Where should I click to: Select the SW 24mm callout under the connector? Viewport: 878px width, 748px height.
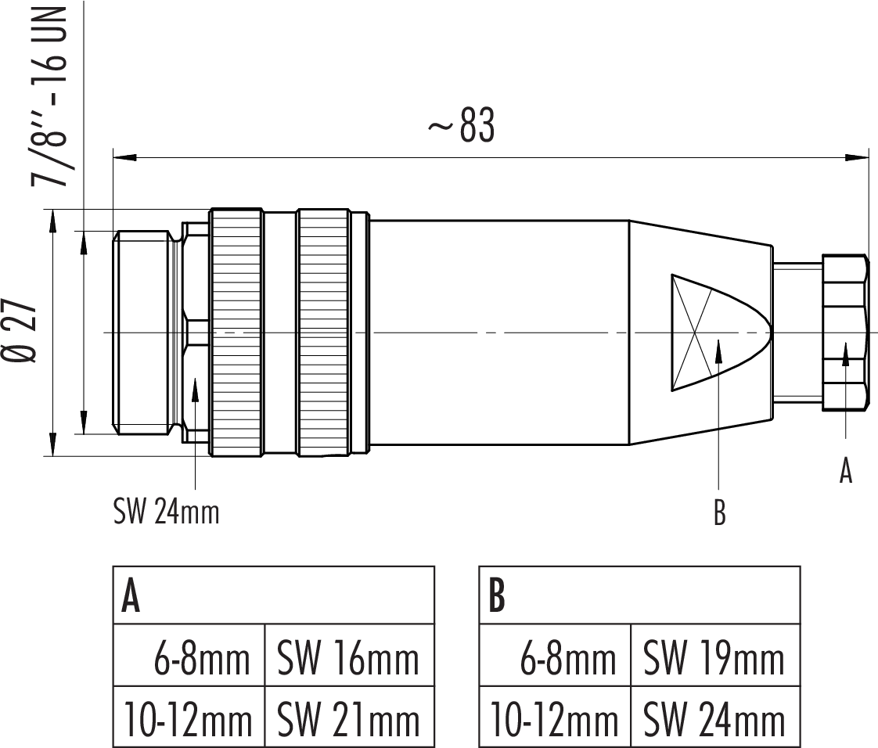(x=166, y=512)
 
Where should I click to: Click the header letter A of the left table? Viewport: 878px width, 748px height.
(x=131, y=596)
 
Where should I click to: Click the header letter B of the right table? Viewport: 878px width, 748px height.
(x=496, y=596)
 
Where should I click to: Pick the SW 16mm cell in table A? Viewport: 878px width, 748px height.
(x=348, y=659)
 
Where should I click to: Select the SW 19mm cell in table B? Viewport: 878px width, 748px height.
(x=714, y=659)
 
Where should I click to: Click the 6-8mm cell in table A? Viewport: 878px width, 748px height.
(x=203, y=659)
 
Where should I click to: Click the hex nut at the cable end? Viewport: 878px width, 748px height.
(x=845, y=333)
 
